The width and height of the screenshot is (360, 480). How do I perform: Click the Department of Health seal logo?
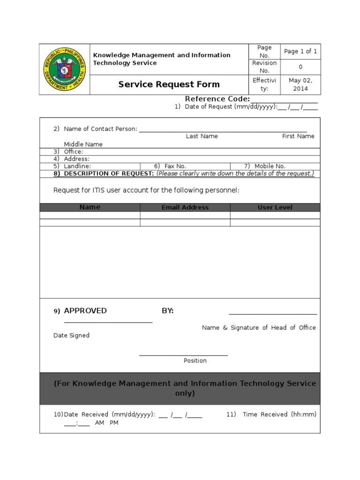[x=65, y=69]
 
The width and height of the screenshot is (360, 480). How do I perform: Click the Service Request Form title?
[x=169, y=84]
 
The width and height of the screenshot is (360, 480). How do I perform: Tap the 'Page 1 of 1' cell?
[x=300, y=51]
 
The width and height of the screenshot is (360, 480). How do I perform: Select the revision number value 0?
[x=300, y=67]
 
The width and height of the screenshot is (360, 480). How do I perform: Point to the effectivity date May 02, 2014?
[x=300, y=84]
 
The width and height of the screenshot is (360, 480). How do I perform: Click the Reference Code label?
[x=217, y=99]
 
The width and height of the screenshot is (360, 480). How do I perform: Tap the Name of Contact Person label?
[x=100, y=129]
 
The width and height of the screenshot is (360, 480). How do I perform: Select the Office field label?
[x=73, y=151]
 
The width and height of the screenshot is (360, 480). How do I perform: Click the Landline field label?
[x=77, y=166]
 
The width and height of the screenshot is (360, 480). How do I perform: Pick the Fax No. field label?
[x=175, y=166]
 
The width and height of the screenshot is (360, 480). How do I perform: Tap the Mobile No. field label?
[x=270, y=166]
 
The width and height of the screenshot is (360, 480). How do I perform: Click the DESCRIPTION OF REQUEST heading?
[x=108, y=173]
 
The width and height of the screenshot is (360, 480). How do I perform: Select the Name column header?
[x=90, y=207]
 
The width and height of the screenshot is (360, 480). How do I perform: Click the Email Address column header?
[x=185, y=207]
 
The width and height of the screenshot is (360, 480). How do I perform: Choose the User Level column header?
[x=275, y=207]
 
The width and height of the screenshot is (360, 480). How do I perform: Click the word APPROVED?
[x=85, y=311]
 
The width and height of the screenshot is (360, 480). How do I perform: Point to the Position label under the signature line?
[x=195, y=360]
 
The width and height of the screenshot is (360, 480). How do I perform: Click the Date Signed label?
[x=71, y=336]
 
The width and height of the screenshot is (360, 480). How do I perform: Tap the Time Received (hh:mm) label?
[x=279, y=414]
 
